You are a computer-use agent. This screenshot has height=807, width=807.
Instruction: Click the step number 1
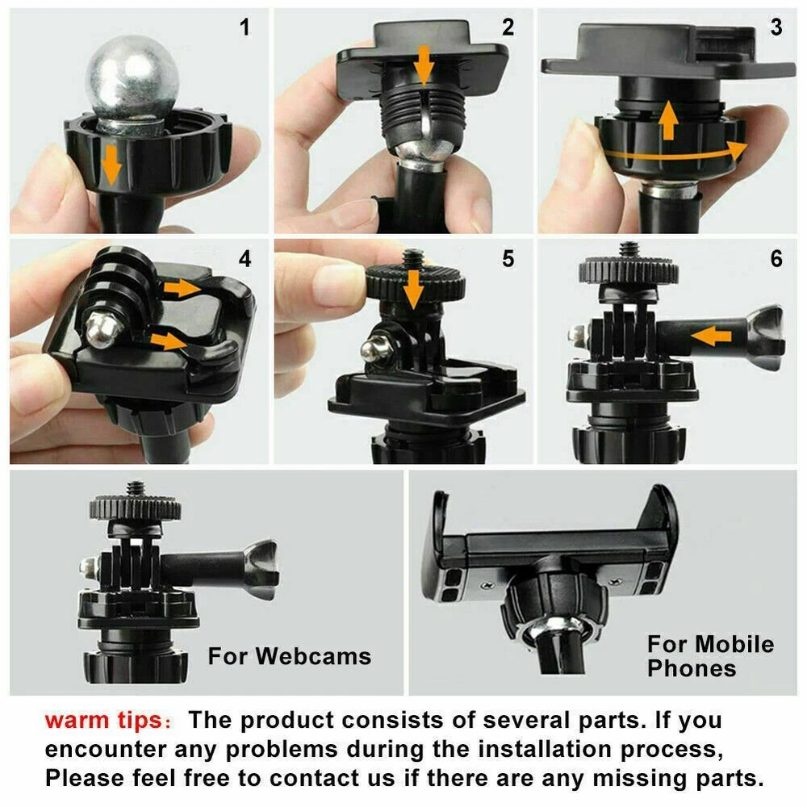tap(245, 27)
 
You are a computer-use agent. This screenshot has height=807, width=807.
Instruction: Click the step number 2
tap(508, 27)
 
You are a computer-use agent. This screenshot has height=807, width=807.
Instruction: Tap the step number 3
tap(776, 27)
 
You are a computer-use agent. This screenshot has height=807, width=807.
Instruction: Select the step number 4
tap(245, 258)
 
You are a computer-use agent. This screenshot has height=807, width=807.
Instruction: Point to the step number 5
tap(508, 258)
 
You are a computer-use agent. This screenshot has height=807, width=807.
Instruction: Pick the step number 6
tap(776, 258)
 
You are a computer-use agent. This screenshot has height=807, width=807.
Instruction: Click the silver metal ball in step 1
tap(133, 77)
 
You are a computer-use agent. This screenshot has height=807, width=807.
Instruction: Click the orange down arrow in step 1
tap(111, 165)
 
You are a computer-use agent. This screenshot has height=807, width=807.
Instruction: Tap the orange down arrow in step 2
tap(424, 65)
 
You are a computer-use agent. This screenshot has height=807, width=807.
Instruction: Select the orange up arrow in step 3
tap(668, 120)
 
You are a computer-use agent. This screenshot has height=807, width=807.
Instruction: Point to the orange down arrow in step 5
tap(412, 290)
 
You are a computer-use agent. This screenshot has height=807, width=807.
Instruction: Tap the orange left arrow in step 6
tap(711, 337)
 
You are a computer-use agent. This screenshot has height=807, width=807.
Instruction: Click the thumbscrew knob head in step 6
tap(765, 337)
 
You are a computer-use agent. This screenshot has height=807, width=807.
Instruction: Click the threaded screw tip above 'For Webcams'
tap(136, 488)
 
